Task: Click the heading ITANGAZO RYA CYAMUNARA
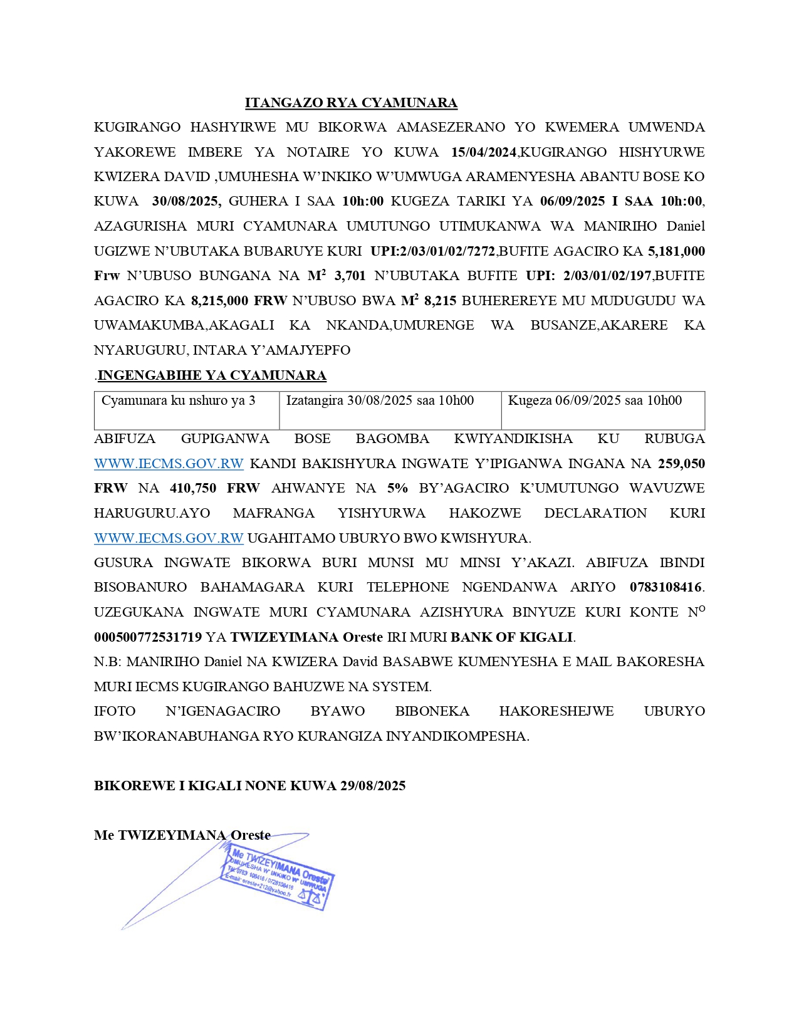click(351, 103)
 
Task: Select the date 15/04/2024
click(484, 152)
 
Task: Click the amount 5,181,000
click(676, 251)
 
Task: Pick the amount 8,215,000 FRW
click(239, 301)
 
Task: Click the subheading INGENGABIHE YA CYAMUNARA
click(212, 375)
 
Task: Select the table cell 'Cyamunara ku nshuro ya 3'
click(179, 401)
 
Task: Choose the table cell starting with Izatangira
click(380, 401)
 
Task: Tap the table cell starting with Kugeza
click(594, 401)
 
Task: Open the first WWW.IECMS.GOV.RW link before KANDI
click(169, 464)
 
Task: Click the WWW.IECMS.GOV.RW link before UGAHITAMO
click(169, 538)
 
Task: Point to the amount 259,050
click(681, 464)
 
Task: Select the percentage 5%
click(397, 488)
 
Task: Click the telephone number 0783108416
click(666, 588)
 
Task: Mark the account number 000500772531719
click(148, 637)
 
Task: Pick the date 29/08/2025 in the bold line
click(373, 786)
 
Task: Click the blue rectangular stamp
click(278, 876)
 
